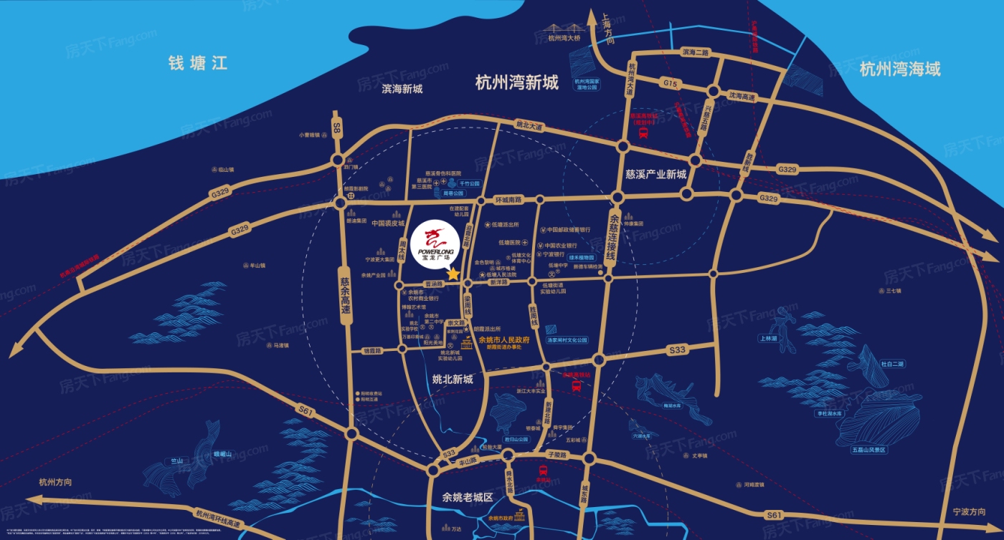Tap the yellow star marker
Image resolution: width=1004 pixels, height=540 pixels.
453,274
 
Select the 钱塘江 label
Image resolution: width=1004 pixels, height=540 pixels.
198,64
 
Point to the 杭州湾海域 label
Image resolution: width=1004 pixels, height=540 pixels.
899,69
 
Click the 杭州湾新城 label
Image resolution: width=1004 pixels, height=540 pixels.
516,83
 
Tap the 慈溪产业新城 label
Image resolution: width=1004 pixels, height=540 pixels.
655,174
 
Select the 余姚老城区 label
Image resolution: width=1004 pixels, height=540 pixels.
468,498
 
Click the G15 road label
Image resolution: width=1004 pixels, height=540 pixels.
670,84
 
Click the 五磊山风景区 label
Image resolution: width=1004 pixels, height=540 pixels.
869,450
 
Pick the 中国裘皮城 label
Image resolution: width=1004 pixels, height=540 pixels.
389,223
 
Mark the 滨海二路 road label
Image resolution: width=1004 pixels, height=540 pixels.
695,52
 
